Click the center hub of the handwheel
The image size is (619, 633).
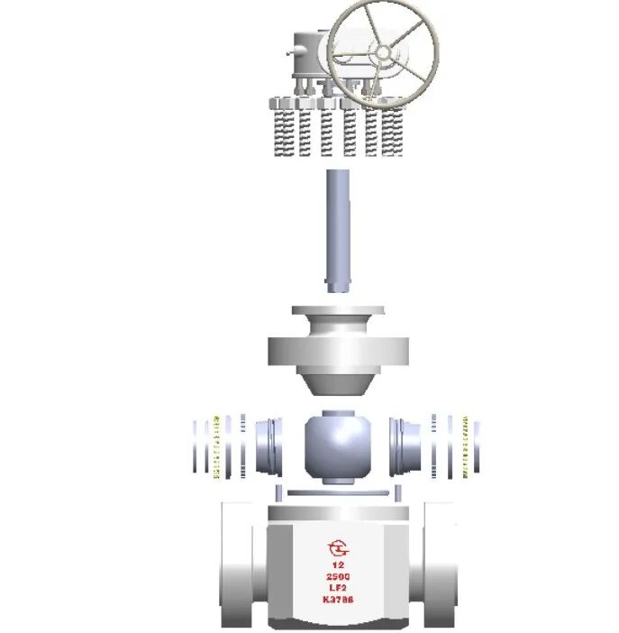383,52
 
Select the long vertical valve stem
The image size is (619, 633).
338,231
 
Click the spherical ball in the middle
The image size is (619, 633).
338,447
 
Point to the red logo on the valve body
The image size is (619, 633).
338,548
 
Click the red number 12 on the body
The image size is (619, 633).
338,564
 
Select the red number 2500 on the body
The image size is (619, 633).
338,576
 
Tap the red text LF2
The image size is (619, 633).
338,588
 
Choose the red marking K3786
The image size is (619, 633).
338,600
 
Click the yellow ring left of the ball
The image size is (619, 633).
216,447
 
